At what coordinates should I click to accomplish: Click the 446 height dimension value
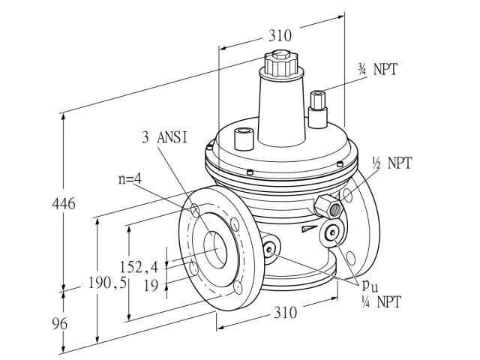coord(64,203)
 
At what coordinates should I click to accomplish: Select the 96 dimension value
coord(59,323)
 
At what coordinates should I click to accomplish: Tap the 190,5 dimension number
coord(107,283)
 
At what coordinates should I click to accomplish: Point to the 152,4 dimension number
coord(139,267)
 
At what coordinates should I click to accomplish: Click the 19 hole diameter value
coord(151,286)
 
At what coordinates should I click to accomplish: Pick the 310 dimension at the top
coord(280,35)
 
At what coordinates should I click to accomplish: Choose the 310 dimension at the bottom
coord(285,313)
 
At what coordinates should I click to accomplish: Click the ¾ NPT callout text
coord(377,70)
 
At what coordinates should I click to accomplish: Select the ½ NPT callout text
coord(391,163)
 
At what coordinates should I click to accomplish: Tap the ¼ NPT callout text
coord(381,302)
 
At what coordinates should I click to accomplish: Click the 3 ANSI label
coord(164,137)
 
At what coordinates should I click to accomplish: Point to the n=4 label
coord(130,179)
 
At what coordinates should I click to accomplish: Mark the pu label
coord(370,286)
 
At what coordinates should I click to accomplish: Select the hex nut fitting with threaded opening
coord(328,207)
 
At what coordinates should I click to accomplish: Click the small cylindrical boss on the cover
coord(244,139)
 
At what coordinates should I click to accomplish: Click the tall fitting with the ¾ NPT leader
coord(318,109)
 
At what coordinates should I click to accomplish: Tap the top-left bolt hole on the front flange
coord(194,209)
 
